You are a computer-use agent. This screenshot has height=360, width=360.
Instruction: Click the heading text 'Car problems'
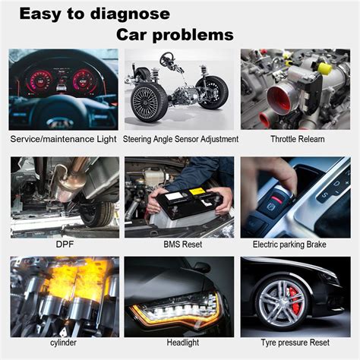click(175, 35)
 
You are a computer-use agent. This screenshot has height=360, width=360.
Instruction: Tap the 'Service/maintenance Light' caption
click(63, 139)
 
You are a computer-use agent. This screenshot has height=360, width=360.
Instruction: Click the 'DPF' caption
click(63, 245)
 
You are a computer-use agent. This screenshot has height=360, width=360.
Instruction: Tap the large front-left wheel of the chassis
click(149, 103)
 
